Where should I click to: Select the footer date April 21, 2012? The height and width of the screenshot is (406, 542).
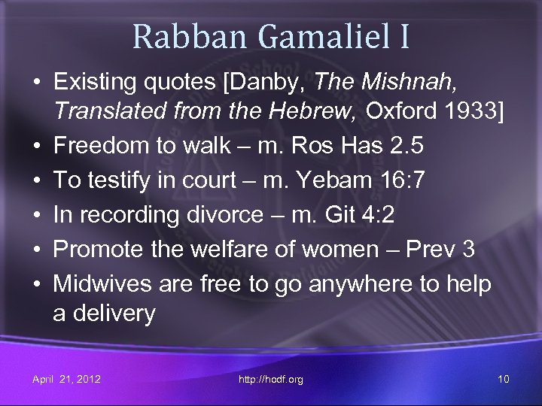(x=66, y=379)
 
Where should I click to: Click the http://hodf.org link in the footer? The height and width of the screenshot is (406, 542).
(x=271, y=379)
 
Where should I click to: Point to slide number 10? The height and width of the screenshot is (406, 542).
(x=504, y=379)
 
